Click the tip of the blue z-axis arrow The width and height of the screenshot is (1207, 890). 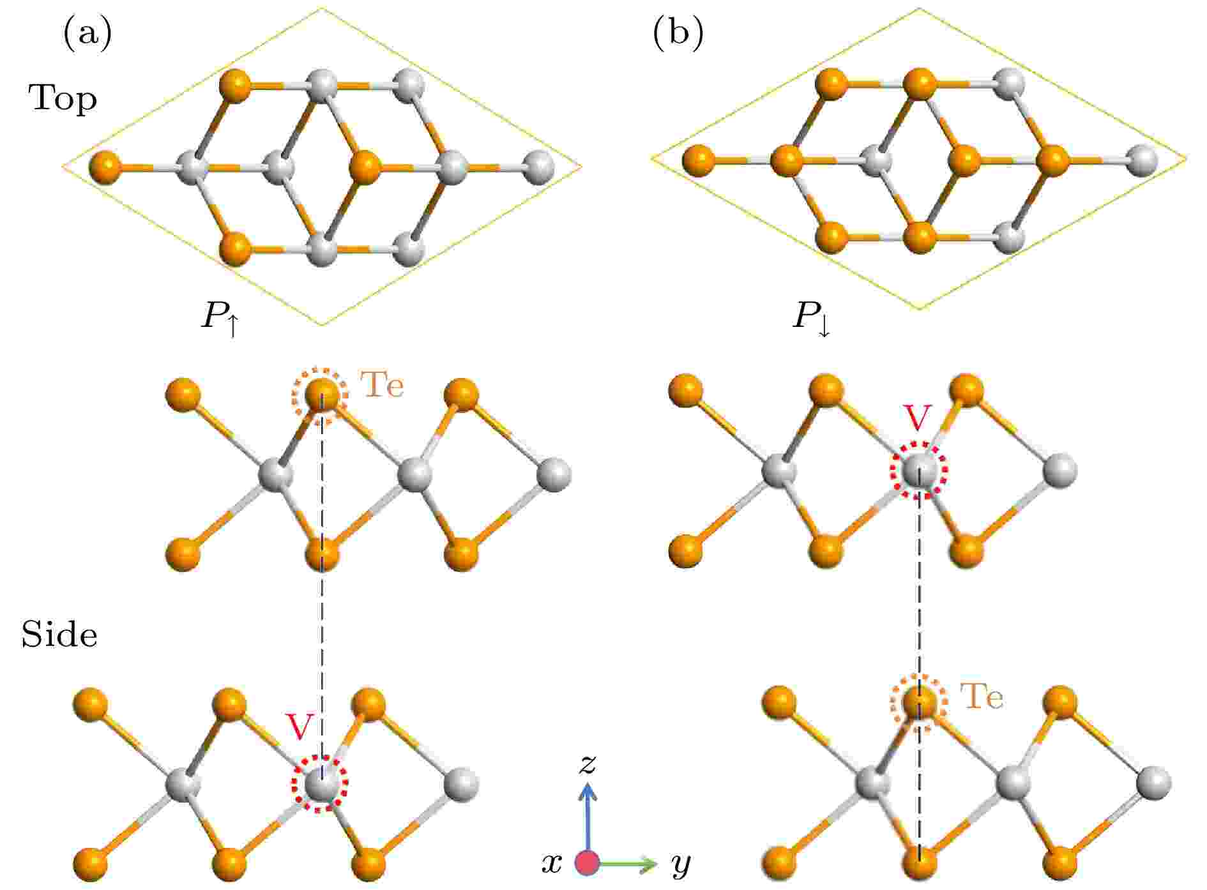pos(588,785)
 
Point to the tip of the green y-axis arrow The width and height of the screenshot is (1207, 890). pos(657,864)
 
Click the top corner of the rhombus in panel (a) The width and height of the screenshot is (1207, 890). pos(322,8)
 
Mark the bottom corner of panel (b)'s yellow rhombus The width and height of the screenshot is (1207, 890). pos(920,310)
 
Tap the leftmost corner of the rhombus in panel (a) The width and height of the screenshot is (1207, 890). pos(62,167)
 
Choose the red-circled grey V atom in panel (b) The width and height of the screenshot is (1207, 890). pos(920,471)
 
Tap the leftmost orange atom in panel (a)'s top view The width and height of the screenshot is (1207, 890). pos(106,167)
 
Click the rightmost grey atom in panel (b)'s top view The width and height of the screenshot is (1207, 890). pos(1142,160)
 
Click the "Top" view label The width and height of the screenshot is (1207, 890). pos(63,100)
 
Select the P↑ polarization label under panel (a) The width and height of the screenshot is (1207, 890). pos(221,317)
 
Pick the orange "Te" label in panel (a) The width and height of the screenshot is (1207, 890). pos(383,385)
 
